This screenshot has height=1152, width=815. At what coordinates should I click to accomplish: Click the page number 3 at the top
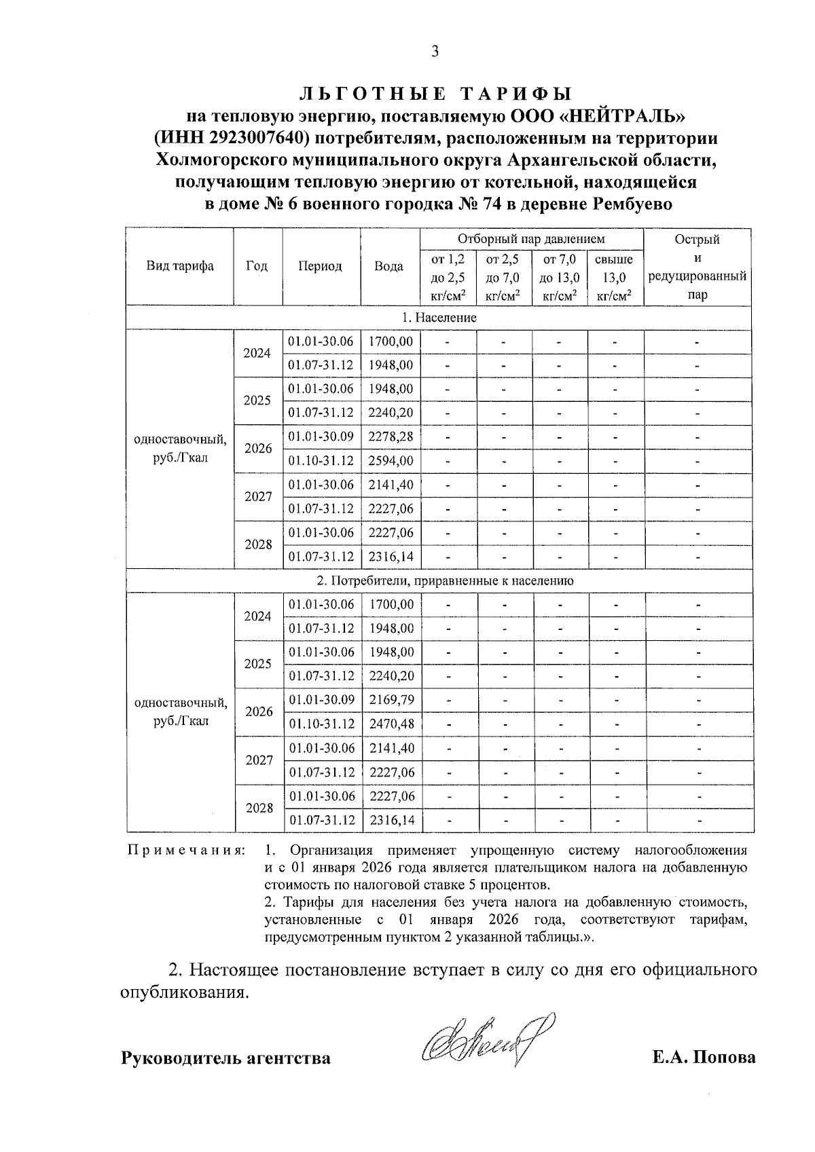435,52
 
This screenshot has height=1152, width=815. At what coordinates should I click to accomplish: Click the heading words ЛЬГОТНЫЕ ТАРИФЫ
435,93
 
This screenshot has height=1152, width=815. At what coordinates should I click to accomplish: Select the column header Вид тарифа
180,266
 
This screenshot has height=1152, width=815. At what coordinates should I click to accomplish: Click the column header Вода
389,266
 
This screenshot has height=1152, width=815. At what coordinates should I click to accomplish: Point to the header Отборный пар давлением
531,239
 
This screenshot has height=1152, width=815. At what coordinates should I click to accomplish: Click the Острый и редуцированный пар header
697,266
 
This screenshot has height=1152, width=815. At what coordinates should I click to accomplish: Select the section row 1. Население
439,318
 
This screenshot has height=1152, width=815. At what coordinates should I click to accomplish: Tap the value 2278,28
391,436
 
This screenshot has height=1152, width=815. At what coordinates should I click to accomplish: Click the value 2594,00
391,461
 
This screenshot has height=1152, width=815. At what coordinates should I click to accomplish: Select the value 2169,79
391,700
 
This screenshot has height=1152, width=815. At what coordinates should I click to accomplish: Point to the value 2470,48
391,724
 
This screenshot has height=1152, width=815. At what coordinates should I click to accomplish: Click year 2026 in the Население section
258,449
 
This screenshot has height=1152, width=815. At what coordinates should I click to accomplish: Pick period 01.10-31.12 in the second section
322,724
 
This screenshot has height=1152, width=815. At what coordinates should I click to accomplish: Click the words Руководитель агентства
225,1058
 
